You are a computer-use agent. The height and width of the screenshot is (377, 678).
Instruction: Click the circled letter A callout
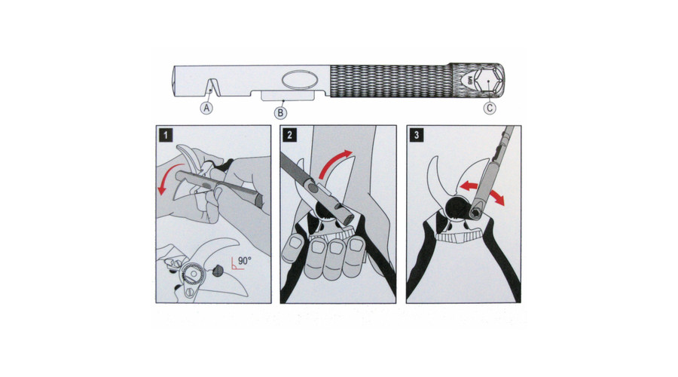[x=206, y=108]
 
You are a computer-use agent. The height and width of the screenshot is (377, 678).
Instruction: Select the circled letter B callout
[x=281, y=113]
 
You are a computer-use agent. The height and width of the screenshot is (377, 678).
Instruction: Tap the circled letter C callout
[x=490, y=108]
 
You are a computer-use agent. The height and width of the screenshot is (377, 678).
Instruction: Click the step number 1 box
[x=166, y=135]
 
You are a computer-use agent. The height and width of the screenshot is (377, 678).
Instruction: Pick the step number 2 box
[x=290, y=135]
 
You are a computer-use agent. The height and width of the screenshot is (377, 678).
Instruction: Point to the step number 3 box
[x=417, y=135]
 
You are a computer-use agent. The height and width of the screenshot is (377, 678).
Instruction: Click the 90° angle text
[x=244, y=261]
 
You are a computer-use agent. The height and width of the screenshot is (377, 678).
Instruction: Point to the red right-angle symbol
[x=236, y=264]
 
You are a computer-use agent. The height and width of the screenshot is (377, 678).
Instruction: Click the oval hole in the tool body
[x=300, y=80]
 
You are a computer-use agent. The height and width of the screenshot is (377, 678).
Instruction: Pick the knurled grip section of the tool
[x=389, y=81]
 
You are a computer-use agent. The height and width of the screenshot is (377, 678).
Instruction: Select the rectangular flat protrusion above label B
[x=288, y=96]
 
